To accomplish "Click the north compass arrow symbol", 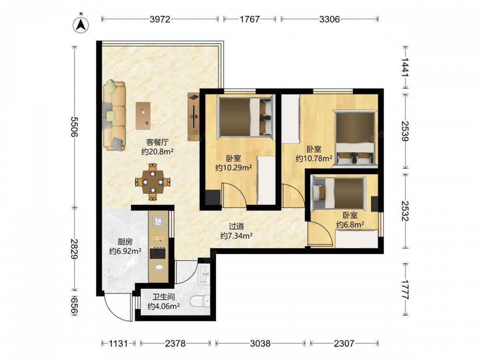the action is (81, 24).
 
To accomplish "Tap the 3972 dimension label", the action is (160, 19).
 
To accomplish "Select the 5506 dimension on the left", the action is (74, 126).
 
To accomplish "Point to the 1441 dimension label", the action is (405, 67).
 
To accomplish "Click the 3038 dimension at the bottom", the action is (260, 344).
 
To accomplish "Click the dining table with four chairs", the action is (153, 182).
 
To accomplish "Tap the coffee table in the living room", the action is (143, 116).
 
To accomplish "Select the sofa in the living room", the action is (114, 115).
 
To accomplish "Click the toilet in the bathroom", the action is (200, 301).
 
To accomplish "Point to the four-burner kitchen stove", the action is (157, 252).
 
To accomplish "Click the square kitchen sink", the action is (157, 221).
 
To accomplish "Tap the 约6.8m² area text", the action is (350, 224).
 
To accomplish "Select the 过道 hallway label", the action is (236, 226).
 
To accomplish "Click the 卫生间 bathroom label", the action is (164, 297).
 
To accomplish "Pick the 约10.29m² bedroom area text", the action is (234, 168).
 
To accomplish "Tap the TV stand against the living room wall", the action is (194, 117).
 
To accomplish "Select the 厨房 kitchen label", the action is (125, 242).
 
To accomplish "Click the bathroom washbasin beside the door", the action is (204, 274).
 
